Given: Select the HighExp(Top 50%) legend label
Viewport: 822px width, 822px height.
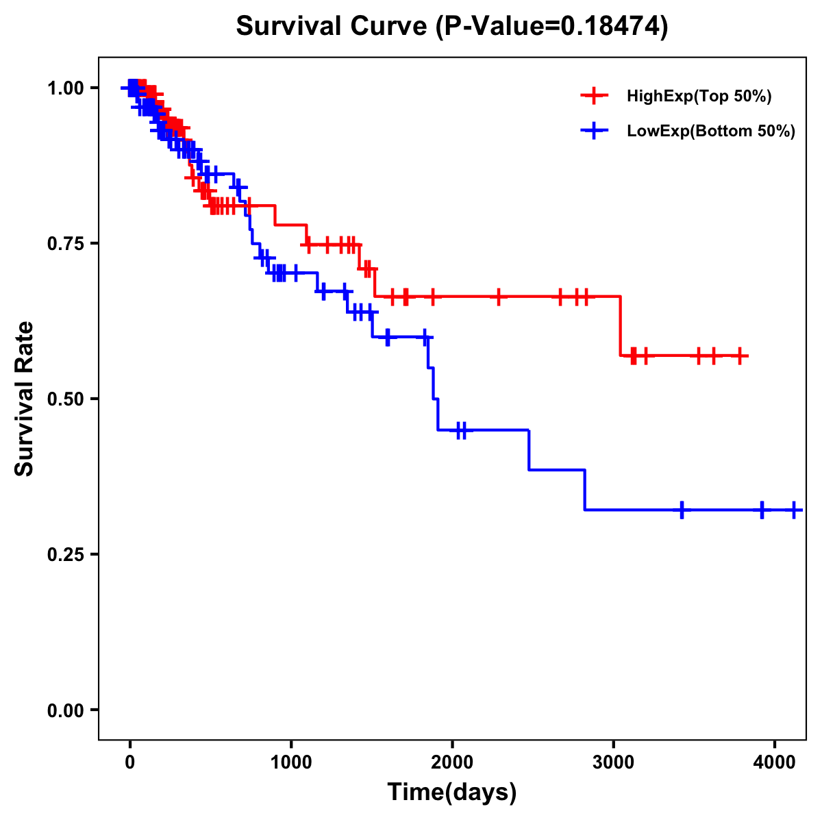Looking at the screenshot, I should [699, 97].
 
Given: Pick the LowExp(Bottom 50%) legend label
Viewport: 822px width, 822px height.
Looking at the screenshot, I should [711, 132].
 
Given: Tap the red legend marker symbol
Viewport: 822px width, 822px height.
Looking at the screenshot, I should [594, 96].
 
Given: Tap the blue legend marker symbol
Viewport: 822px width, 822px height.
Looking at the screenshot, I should [594, 131].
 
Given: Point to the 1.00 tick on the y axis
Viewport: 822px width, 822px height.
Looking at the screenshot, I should [65, 88].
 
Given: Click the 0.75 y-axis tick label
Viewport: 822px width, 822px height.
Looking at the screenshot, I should [65, 244].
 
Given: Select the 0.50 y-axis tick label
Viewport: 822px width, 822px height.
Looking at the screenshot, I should [65, 399].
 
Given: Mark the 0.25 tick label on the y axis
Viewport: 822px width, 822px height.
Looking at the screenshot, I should [65, 555].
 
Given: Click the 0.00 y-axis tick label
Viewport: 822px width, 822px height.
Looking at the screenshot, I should [65, 710].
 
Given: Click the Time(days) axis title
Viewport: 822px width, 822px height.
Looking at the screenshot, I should [452, 793].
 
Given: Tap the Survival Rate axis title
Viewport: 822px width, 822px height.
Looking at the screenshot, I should [25, 399].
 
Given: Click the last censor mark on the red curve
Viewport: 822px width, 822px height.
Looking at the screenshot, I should [740, 356].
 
